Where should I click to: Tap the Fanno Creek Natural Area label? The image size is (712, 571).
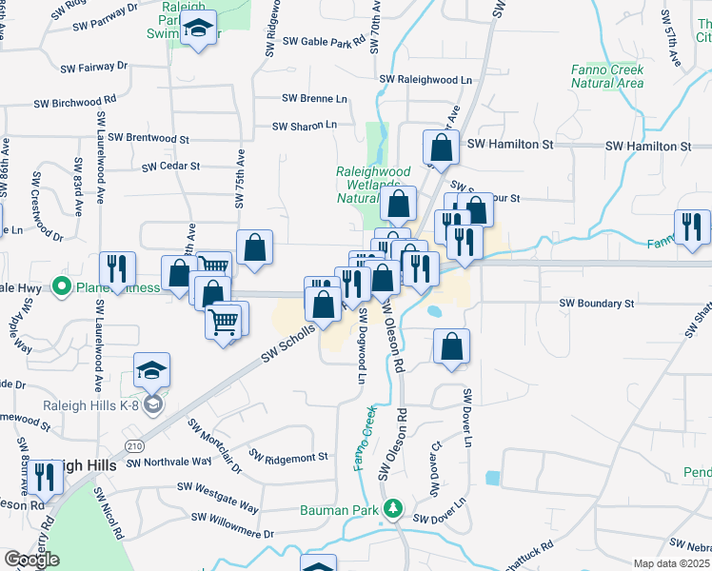coord(607,76)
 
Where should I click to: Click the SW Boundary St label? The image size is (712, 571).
coord(596,304)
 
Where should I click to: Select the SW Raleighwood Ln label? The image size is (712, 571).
coord(425,80)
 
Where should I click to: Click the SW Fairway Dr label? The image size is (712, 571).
coord(93,68)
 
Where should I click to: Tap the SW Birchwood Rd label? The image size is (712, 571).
coord(74,100)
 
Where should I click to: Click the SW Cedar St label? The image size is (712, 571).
coord(170,166)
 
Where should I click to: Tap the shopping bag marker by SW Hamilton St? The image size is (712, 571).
coord(441,148)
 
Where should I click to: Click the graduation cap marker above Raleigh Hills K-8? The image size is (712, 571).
coord(151,370)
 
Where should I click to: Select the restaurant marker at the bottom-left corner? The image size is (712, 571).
coord(43,478)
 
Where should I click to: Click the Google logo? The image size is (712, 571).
coord(32,559)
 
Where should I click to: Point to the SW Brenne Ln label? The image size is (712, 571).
coord(314,98)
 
